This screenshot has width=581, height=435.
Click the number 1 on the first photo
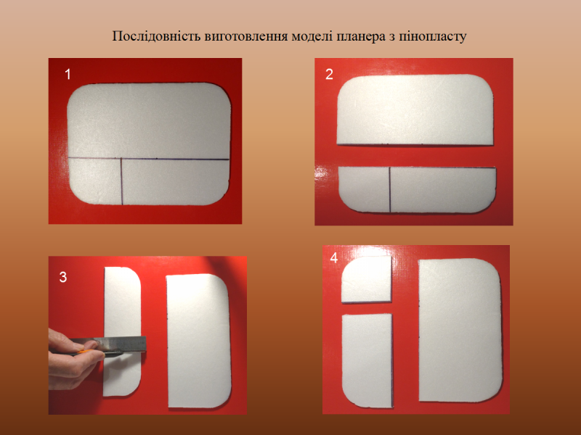[68, 75]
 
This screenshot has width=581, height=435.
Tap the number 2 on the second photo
[329, 75]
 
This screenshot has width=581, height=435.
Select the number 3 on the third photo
[63, 277]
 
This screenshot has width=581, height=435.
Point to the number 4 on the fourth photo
[334, 258]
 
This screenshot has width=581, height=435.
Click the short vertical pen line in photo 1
[121, 181]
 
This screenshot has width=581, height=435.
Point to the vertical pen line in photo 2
[390, 190]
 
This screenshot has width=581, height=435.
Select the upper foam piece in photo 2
[415, 110]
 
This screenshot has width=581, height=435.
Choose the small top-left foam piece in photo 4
[367, 279]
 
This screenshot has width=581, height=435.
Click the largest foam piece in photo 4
[460, 330]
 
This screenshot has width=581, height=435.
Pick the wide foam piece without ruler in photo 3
[199, 341]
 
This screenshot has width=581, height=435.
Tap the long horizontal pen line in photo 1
[149, 159]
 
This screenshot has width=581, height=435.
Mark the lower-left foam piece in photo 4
[367, 360]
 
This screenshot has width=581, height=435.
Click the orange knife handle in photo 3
[84, 351]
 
